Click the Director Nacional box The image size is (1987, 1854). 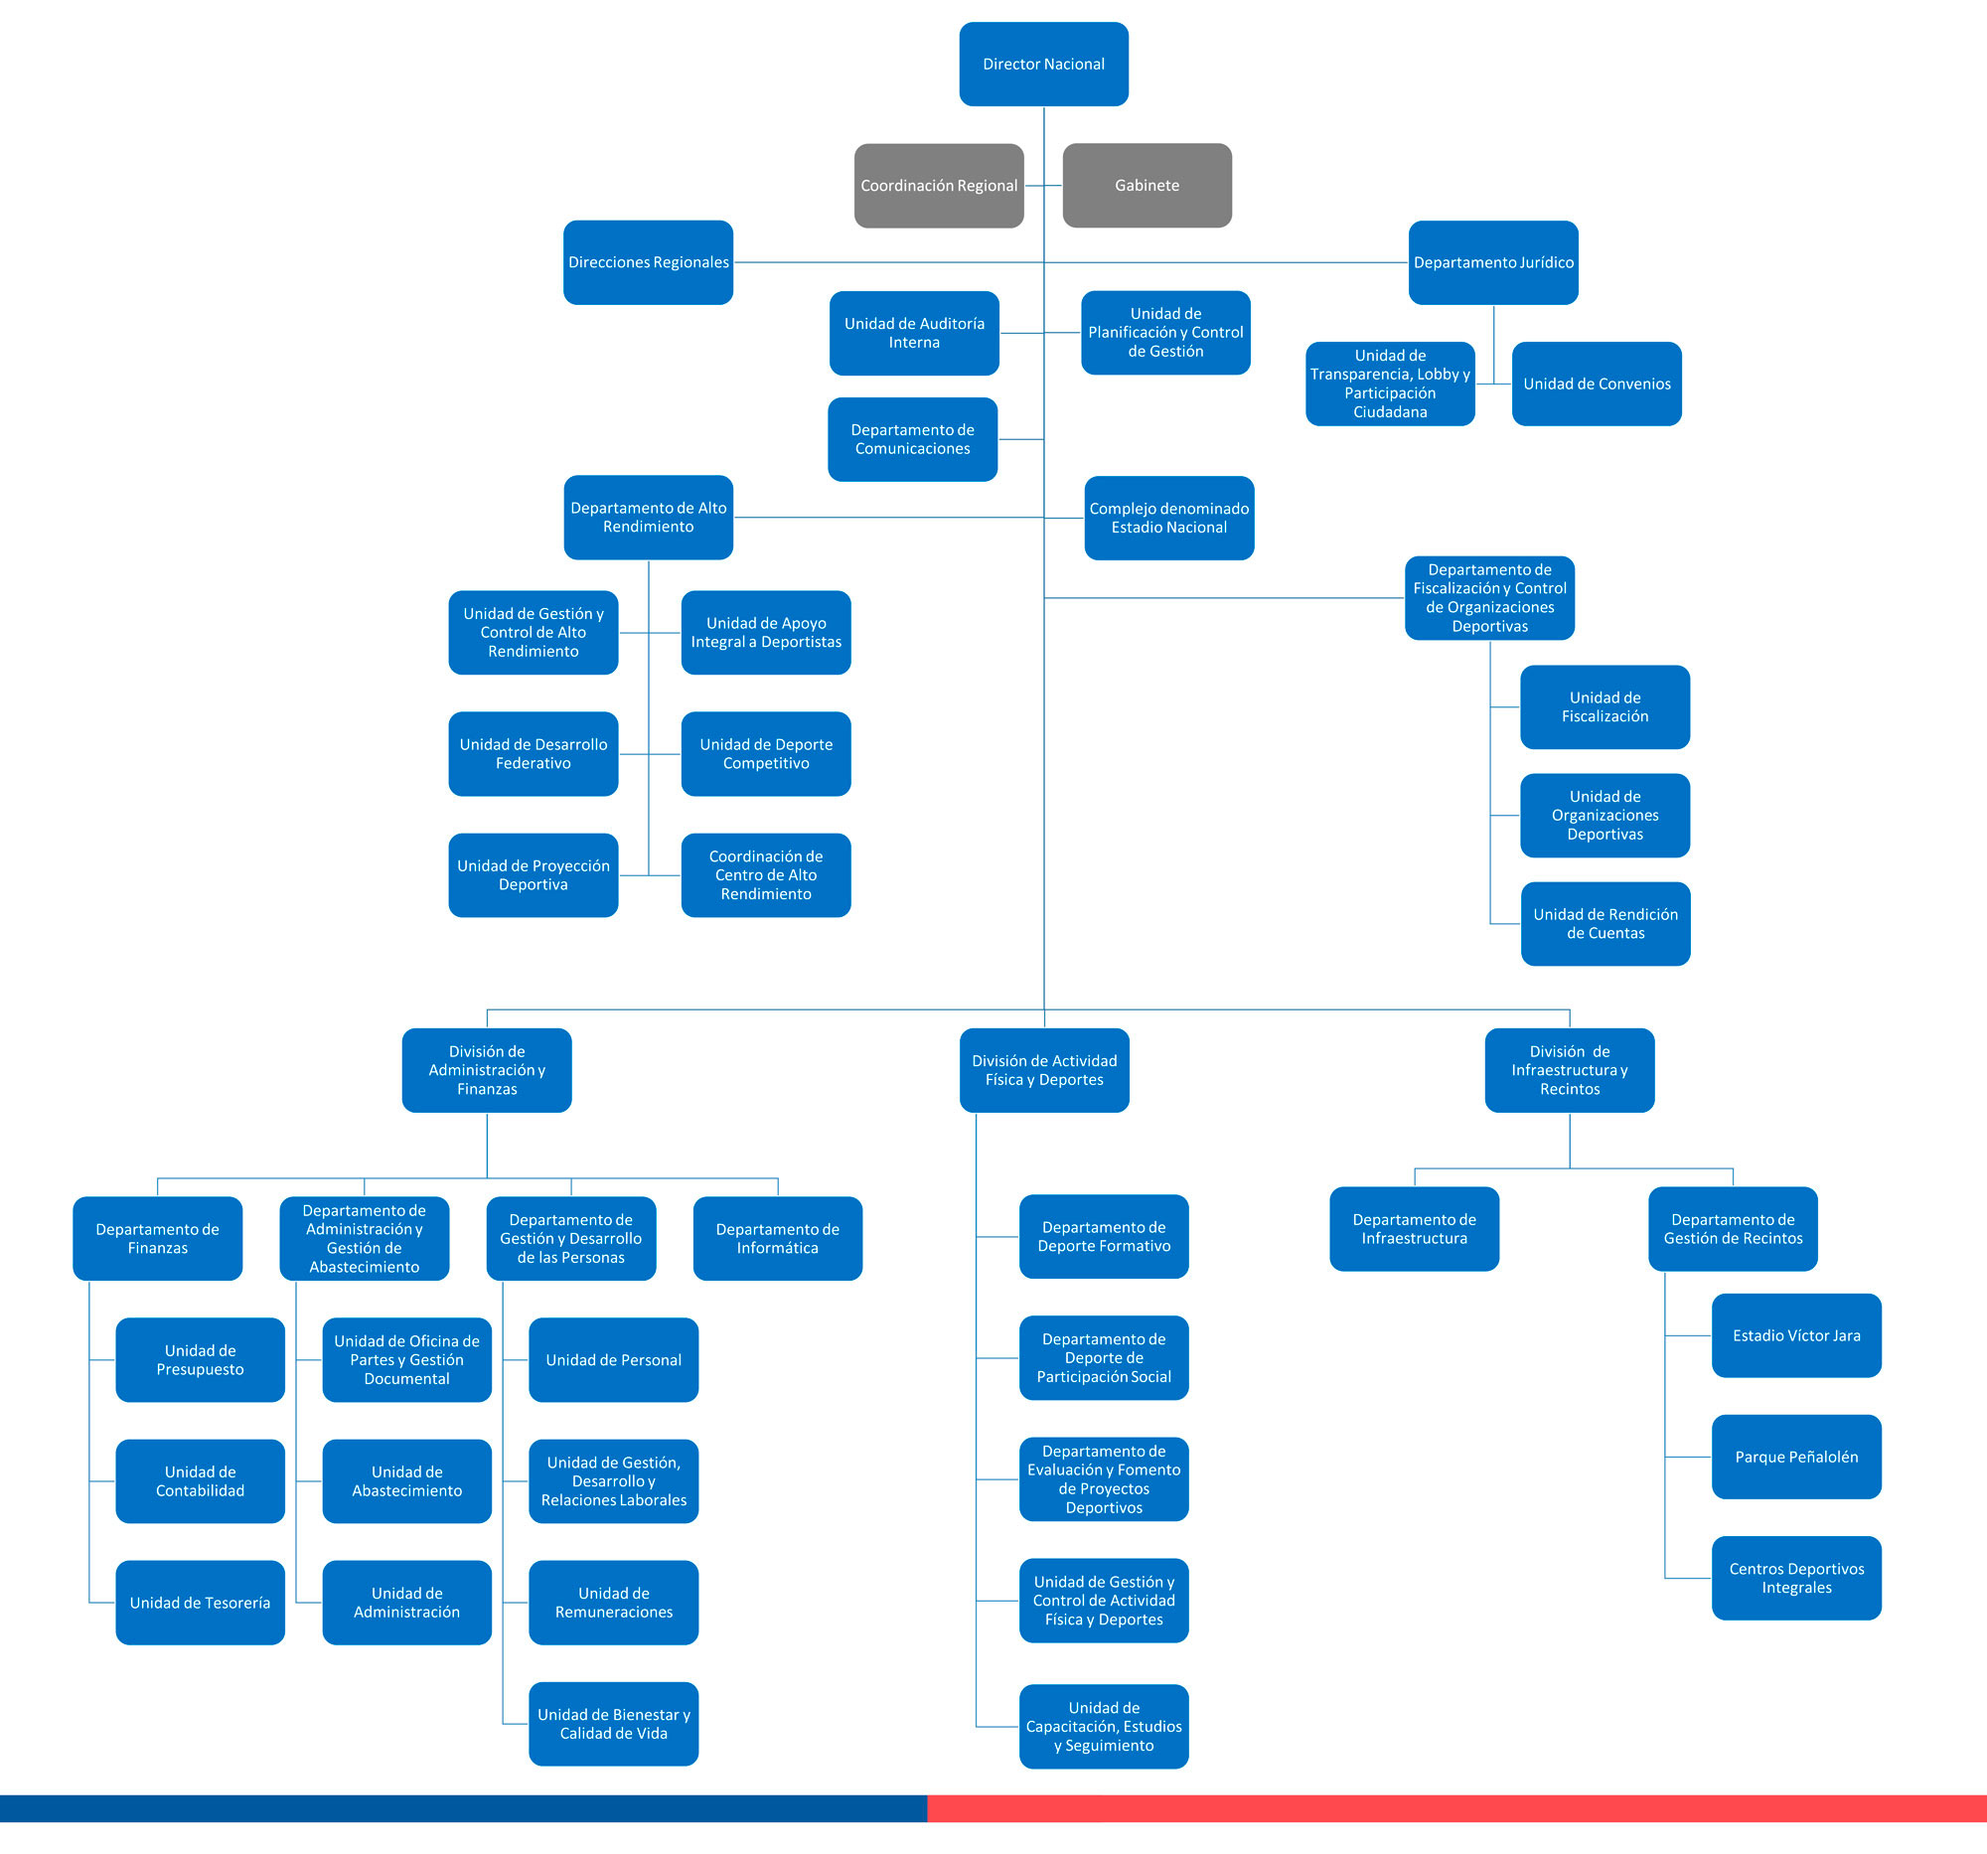click(x=1043, y=64)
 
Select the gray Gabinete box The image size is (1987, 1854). click(x=1146, y=185)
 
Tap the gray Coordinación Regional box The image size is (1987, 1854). click(x=939, y=185)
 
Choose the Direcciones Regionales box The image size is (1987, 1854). click(x=648, y=262)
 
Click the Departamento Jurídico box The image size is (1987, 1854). click(x=1493, y=262)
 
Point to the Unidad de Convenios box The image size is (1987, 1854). click(x=1597, y=384)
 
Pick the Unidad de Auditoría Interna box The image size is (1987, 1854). click(x=914, y=333)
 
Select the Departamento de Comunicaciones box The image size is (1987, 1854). click(x=913, y=439)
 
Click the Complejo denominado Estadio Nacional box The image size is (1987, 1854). click(x=1168, y=518)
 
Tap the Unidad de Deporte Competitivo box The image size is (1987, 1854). click(x=766, y=753)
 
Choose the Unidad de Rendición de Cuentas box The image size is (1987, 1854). click(x=1605, y=923)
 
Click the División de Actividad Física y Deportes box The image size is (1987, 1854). click(x=1043, y=1070)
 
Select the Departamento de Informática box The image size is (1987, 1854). click(x=778, y=1238)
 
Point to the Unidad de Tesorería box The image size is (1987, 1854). click(x=200, y=1603)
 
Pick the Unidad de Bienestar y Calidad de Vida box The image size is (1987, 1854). click(x=614, y=1724)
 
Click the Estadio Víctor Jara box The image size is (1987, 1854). click(x=1796, y=1335)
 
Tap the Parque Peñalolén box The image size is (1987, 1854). click(x=1796, y=1457)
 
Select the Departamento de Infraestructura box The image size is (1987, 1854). click(x=1415, y=1228)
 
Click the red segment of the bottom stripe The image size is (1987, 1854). click(x=1456, y=1808)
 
